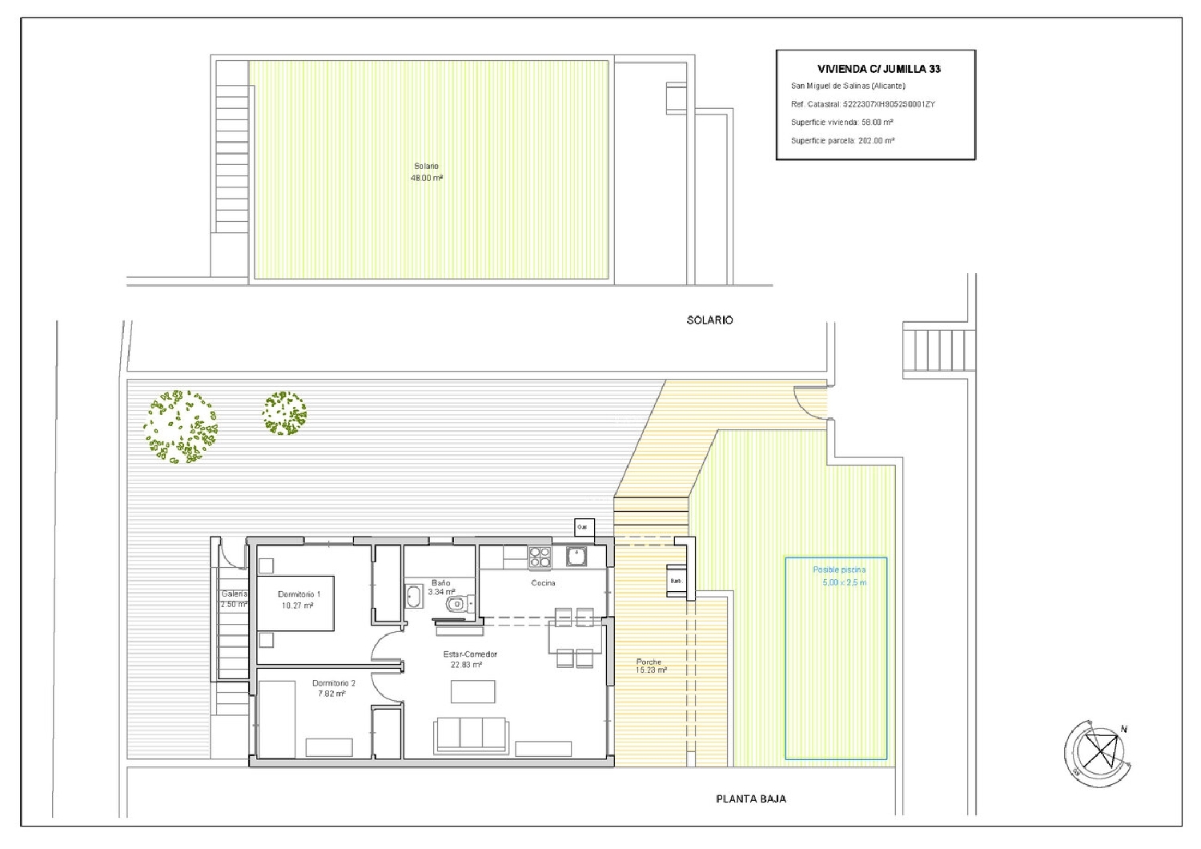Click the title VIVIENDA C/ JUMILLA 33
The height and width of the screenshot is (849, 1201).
[x=878, y=69]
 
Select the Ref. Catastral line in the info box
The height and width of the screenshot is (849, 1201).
[x=862, y=104]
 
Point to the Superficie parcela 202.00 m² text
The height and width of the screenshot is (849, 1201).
[x=842, y=140]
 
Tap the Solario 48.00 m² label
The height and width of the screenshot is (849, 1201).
[x=426, y=172]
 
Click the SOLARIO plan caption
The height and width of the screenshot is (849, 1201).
[x=709, y=320]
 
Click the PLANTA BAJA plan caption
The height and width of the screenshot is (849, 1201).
[x=750, y=799]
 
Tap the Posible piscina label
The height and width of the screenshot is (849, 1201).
[x=839, y=569]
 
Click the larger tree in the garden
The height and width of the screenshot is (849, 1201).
[x=180, y=426]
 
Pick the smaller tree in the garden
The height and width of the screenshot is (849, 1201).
[x=284, y=412]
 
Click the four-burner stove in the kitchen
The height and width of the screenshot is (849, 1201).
[x=539, y=556]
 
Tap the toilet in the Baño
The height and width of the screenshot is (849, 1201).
[x=457, y=604]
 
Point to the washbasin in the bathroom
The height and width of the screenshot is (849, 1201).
[x=415, y=597]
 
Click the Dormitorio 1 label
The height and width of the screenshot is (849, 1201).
[x=299, y=594]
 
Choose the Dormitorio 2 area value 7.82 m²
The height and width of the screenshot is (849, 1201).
[x=331, y=694]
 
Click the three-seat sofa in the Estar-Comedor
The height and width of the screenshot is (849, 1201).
[x=471, y=734]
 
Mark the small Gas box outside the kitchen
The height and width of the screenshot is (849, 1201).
[x=584, y=527]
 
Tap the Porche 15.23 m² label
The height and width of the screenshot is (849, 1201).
[x=650, y=666]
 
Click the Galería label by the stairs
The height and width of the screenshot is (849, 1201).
[x=234, y=593]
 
